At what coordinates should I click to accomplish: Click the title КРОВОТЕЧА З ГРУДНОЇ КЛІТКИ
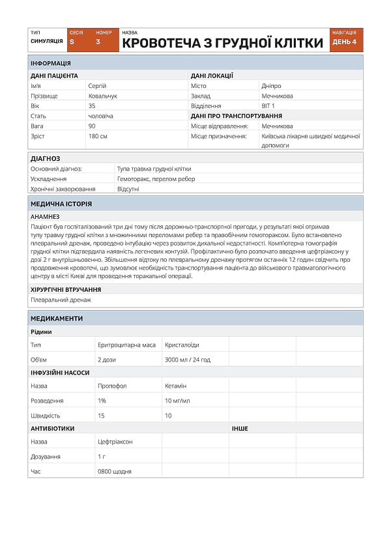pyautogui.click(x=222, y=43)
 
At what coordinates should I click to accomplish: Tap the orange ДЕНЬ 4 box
pyautogui.click(x=345, y=42)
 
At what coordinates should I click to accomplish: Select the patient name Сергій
pyautogui.click(x=97, y=86)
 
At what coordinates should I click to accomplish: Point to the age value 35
pyautogui.click(x=92, y=106)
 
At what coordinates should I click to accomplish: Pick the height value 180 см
pyautogui.click(x=98, y=136)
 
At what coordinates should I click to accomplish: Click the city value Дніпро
pyautogui.click(x=272, y=86)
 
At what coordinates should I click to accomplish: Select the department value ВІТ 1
pyautogui.click(x=268, y=106)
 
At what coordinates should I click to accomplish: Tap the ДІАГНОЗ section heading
pyautogui.click(x=46, y=158)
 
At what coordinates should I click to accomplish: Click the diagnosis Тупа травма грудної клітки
pyautogui.click(x=154, y=168)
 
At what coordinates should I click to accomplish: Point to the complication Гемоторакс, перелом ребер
pyautogui.click(x=156, y=178)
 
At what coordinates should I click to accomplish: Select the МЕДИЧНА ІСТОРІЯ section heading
pyautogui.click(x=61, y=204)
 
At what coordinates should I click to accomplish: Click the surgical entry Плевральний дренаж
pyautogui.click(x=61, y=300)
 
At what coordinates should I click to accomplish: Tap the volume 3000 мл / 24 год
pyautogui.click(x=188, y=360)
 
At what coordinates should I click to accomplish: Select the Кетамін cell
pyautogui.click(x=176, y=386)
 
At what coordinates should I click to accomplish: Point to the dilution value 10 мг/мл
pyautogui.click(x=177, y=401)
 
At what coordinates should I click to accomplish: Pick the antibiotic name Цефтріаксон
pyautogui.click(x=115, y=442)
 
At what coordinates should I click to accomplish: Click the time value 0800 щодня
pyautogui.click(x=114, y=471)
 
